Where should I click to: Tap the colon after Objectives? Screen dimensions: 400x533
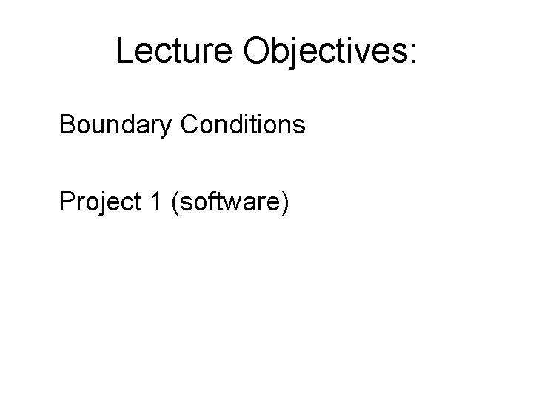point(412,53)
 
